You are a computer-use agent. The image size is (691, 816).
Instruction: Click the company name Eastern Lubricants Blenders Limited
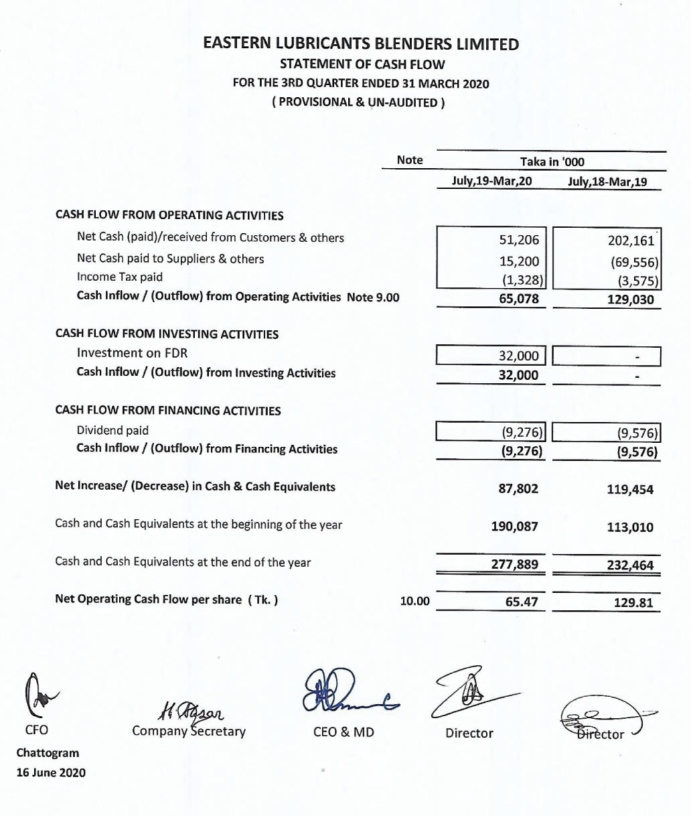(361, 44)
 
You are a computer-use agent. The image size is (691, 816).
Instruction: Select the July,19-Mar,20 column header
(492, 180)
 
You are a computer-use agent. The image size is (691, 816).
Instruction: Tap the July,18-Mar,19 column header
(607, 181)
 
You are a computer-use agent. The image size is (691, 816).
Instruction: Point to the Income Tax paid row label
(120, 277)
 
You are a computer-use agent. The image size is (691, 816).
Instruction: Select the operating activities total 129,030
(630, 299)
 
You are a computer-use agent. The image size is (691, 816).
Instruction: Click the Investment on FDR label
(132, 352)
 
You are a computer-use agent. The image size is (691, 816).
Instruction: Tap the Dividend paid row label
(112, 430)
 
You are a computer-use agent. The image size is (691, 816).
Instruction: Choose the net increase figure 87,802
(518, 489)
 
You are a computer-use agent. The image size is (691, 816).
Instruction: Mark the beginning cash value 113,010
(630, 527)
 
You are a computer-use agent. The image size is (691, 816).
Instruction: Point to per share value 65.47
(522, 602)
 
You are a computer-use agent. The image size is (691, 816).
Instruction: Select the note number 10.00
(414, 601)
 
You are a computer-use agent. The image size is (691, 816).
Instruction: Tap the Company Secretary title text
(189, 731)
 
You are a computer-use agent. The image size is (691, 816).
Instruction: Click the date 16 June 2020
(51, 772)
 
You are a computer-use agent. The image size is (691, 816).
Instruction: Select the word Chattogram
(48, 752)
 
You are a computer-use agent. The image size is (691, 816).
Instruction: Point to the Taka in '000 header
(552, 161)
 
